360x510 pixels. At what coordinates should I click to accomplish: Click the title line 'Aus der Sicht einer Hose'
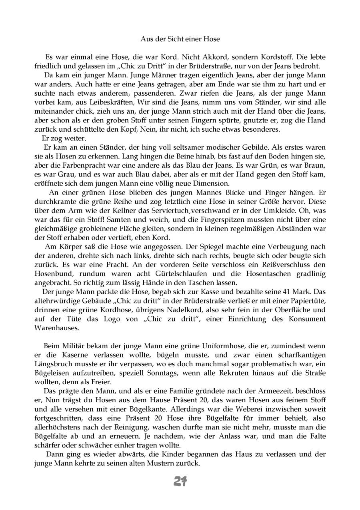coord(180,39)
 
